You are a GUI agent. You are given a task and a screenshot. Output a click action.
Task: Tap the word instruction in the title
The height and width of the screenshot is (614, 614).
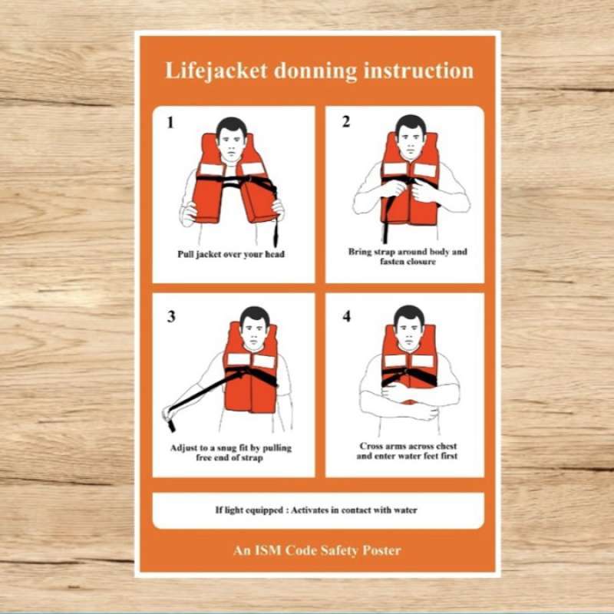(424, 71)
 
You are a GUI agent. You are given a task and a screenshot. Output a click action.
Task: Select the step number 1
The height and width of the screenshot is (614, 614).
(170, 121)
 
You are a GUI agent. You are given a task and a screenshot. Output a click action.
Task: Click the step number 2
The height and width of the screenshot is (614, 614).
(345, 121)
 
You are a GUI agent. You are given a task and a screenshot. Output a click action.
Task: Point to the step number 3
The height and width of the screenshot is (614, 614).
(170, 315)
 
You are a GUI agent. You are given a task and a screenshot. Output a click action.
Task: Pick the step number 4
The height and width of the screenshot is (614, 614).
(346, 315)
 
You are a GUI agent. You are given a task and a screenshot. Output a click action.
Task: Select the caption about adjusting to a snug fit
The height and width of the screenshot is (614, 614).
(231, 453)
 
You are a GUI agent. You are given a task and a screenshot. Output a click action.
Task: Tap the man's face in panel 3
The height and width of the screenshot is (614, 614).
(253, 328)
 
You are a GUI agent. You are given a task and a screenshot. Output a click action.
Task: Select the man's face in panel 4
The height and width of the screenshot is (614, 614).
(408, 327)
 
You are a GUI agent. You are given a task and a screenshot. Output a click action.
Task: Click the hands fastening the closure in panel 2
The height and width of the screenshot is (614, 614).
(411, 188)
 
